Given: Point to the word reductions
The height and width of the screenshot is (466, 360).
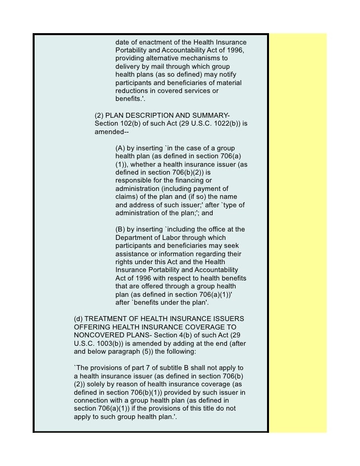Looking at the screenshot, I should [x=134, y=91].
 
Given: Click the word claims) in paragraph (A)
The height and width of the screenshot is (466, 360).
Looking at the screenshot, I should [x=128, y=197].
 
